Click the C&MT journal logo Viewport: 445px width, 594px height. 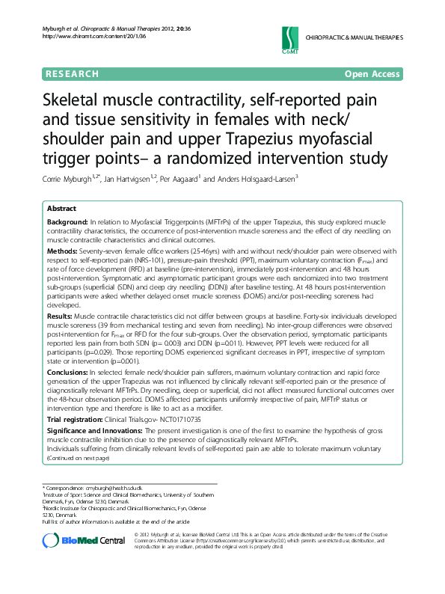coord(290,37)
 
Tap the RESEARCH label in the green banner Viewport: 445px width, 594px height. coord(72,74)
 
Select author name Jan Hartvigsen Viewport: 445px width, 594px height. coord(137,179)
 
